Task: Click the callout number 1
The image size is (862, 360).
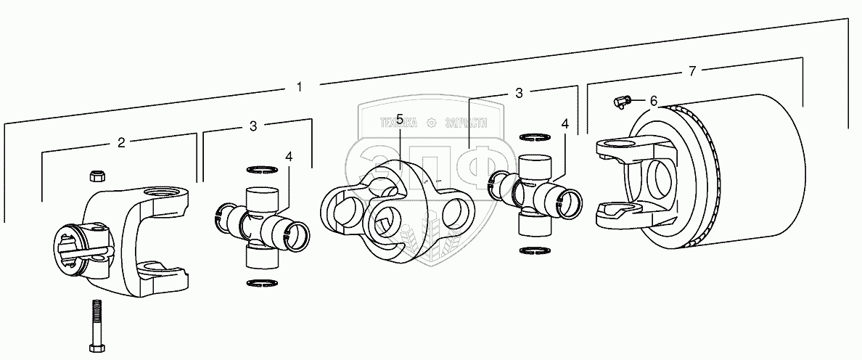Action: point(300,87)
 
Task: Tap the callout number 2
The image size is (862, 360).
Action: point(122,142)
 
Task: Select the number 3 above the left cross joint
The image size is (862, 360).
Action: point(253,126)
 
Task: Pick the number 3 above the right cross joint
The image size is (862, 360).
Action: point(519,93)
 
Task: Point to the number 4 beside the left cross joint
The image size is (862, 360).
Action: point(289,156)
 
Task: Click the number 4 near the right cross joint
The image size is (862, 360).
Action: point(565,123)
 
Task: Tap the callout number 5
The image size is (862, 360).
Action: point(400,118)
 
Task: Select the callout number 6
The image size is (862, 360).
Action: point(653,101)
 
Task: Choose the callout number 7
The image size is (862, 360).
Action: point(692,70)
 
